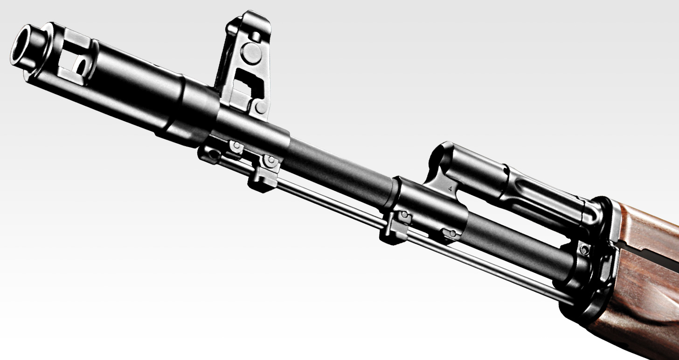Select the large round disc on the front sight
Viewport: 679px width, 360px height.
pyautogui.click(x=251, y=53)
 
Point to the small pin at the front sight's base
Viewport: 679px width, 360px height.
pyautogui.click(x=261, y=108)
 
